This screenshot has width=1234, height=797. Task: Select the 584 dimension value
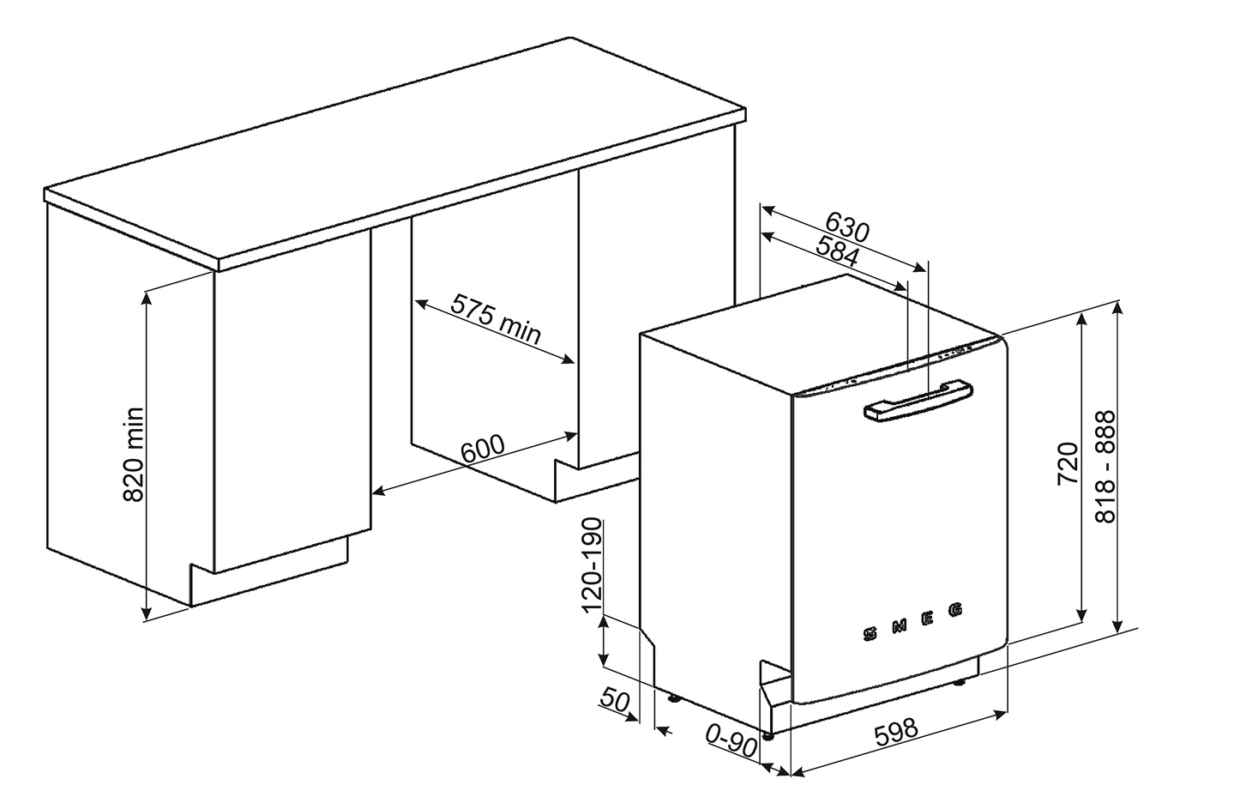[x=837, y=251]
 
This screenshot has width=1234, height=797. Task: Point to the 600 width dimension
[x=482, y=450]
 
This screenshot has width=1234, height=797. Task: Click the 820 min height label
[x=133, y=455]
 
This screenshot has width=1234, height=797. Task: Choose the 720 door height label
[x=1068, y=463]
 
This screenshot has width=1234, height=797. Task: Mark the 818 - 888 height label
[x=1105, y=467]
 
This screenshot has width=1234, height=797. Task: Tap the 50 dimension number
[x=614, y=699]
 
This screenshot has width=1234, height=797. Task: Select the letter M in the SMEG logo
[x=899, y=626]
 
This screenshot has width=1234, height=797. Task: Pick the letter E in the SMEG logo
[x=927, y=619]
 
